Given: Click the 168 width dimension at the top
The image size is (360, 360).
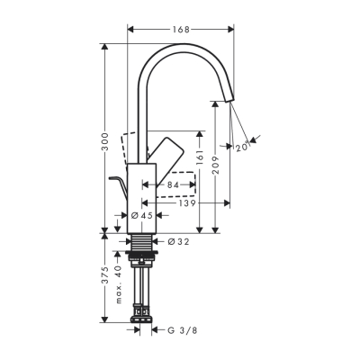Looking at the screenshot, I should pos(182,30).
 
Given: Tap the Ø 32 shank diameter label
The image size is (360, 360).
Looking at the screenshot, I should pos(177,240).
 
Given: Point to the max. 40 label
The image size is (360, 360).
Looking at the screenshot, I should pos(119,283).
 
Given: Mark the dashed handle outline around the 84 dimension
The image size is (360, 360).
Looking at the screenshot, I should pos(180,180).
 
